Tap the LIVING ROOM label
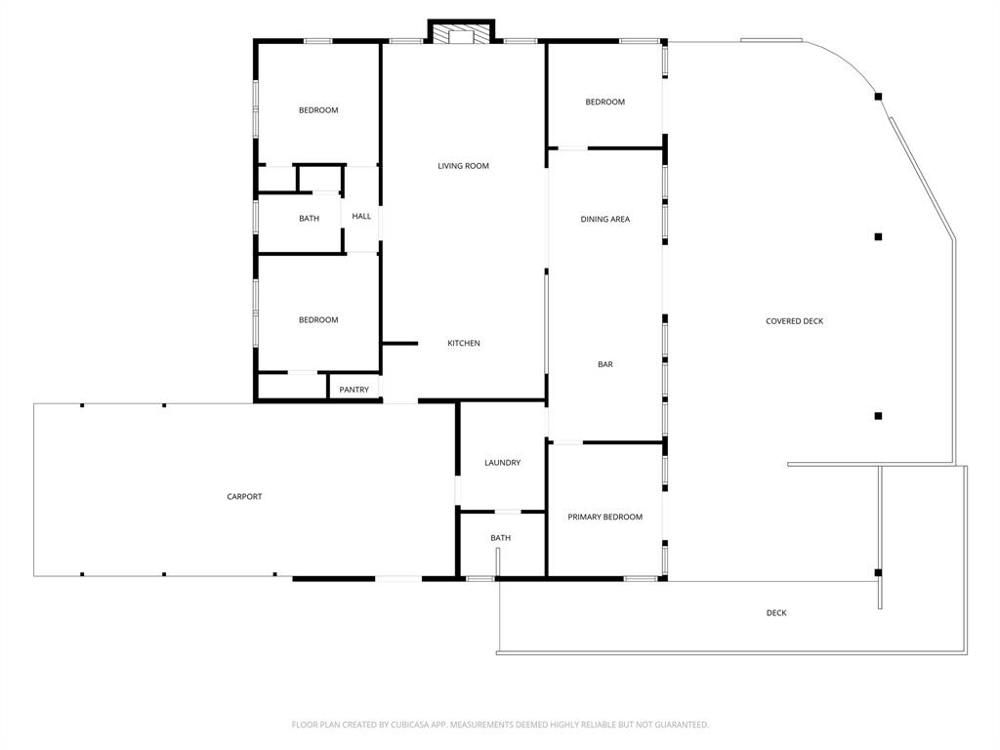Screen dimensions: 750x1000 pyautogui.click(x=463, y=166)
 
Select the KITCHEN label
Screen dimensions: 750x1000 pyautogui.click(x=464, y=344)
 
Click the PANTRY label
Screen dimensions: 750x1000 pyautogui.click(x=354, y=391)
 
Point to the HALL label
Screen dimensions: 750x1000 pyautogui.click(x=361, y=217)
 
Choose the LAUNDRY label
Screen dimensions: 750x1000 pyautogui.click(x=502, y=463)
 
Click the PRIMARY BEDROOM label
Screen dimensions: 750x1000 pyautogui.click(x=605, y=518)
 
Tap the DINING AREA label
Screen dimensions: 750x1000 pyautogui.click(x=605, y=220)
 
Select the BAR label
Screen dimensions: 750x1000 pyautogui.click(x=605, y=365)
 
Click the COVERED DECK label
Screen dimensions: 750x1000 pyautogui.click(x=794, y=321)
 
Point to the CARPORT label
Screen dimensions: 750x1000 pyautogui.click(x=244, y=497)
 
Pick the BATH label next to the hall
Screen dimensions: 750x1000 pyautogui.click(x=309, y=219)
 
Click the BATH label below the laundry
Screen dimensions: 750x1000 pyautogui.click(x=500, y=538)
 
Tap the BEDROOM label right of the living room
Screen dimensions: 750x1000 pyautogui.click(x=605, y=103)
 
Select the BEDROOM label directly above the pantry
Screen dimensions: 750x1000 pyautogui.click(x=318, y=320)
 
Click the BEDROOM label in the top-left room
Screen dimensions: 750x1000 pyautogui.click(x=318, y=110)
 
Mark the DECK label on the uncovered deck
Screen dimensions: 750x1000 pyautogui.click(x=776, y=613)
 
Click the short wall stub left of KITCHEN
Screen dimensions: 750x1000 pyautogui.click(x=400, y=343)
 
